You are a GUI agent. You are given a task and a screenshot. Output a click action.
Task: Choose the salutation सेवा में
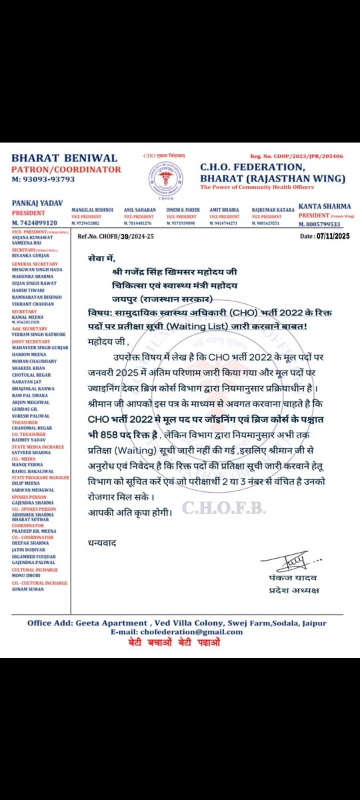click(104, 257)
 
